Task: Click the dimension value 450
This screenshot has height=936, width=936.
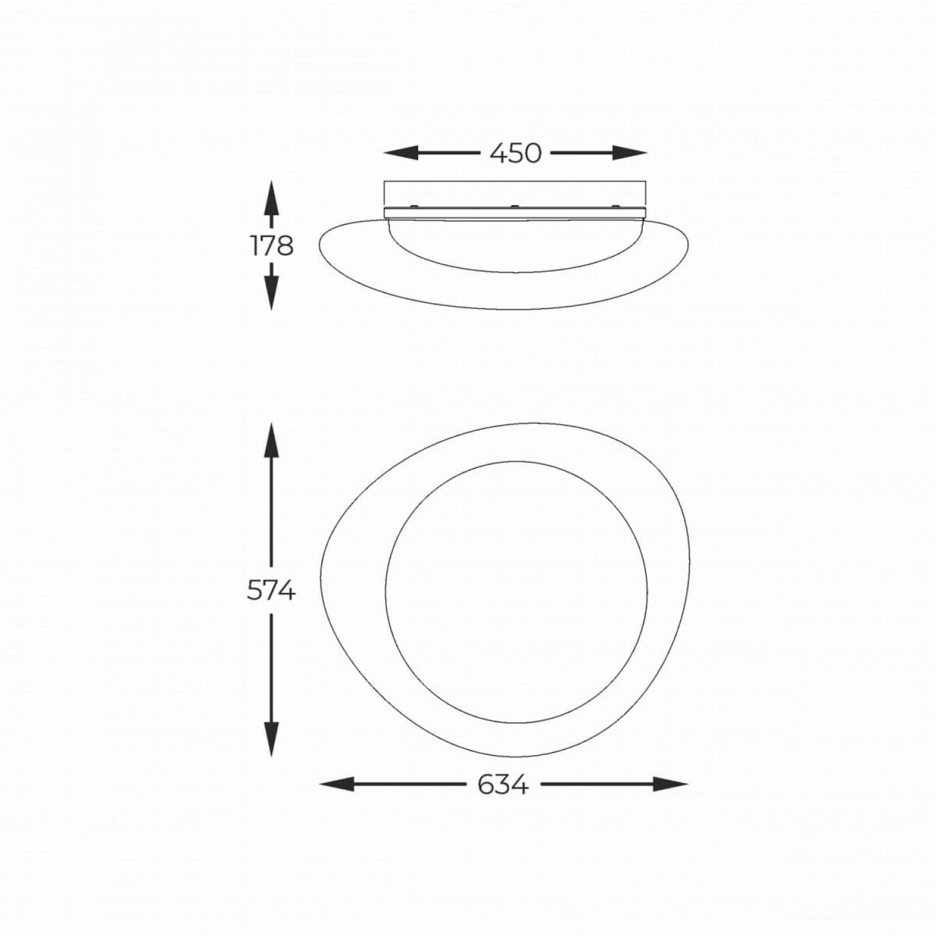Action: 515,154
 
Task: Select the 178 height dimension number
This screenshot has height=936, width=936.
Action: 272,247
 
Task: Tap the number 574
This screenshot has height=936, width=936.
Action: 271,590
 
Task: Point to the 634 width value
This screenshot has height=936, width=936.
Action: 504,784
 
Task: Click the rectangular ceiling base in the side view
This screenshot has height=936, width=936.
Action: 515,193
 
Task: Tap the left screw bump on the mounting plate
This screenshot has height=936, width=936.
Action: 412,205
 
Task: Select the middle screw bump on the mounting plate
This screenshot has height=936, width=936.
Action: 514,205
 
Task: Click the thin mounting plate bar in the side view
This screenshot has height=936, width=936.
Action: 515,213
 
